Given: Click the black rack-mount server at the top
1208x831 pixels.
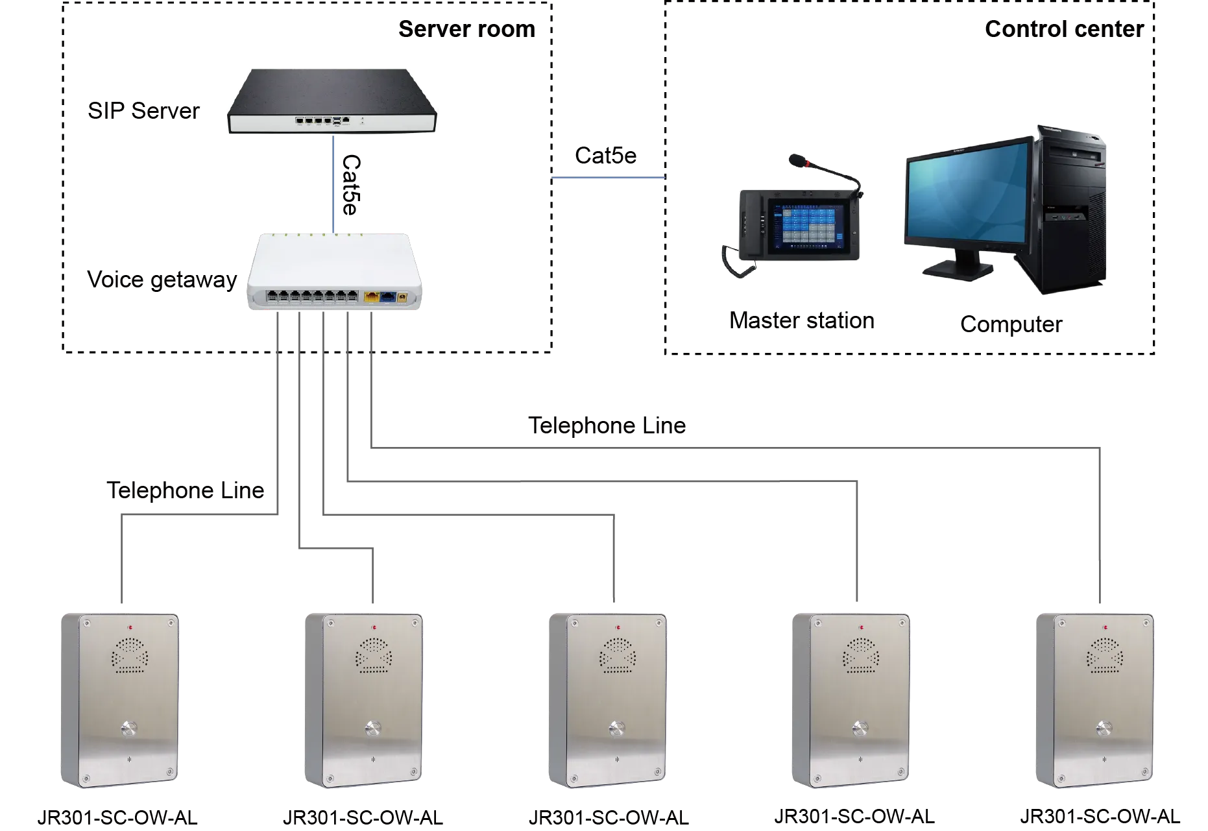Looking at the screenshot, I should coord(332,101).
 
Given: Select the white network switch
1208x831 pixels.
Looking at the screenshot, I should coord(335,272).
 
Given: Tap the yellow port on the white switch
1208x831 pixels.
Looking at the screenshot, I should coord(372,297).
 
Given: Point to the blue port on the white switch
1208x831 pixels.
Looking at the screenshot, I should coord(387,297).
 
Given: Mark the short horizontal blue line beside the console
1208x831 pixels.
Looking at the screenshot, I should coord(609,178).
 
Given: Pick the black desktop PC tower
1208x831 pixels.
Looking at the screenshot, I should coord(1070,208).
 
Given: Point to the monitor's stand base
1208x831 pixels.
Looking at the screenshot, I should coord(959,269).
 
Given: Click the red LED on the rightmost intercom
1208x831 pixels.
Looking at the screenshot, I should coord(1104,627).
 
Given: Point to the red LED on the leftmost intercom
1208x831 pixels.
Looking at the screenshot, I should coord(129,627).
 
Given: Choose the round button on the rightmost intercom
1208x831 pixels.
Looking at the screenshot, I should coord(1104,728).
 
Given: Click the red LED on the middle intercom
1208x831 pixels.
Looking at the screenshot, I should coord(617,627).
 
